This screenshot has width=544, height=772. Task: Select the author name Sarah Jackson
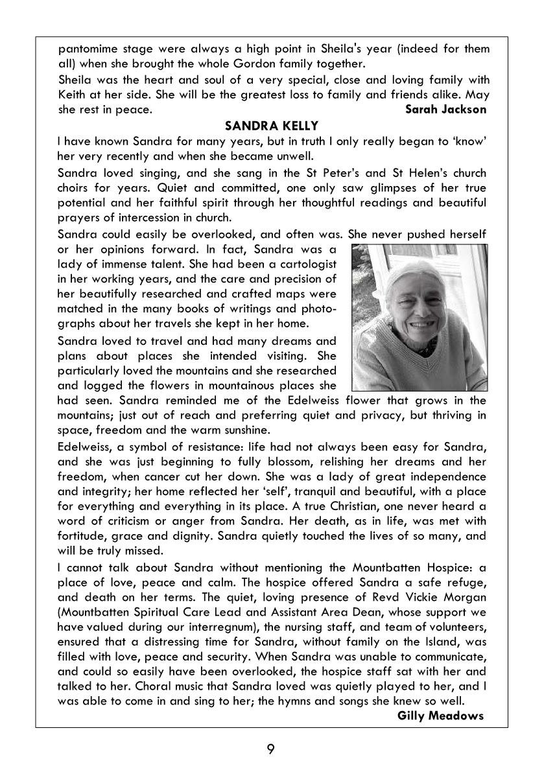coord(445,109)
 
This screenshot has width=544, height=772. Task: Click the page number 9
coord(271,749)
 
